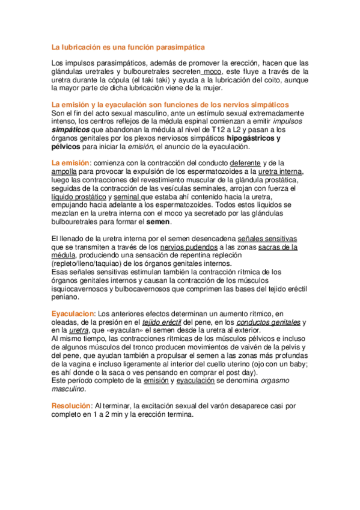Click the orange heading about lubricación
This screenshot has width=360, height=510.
pyautogui.click(x=127, y=46)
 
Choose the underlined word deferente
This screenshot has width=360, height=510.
pyautogui.click(x=246, y=163)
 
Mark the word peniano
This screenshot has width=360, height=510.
pyautogui.click(x=66, y=296)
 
